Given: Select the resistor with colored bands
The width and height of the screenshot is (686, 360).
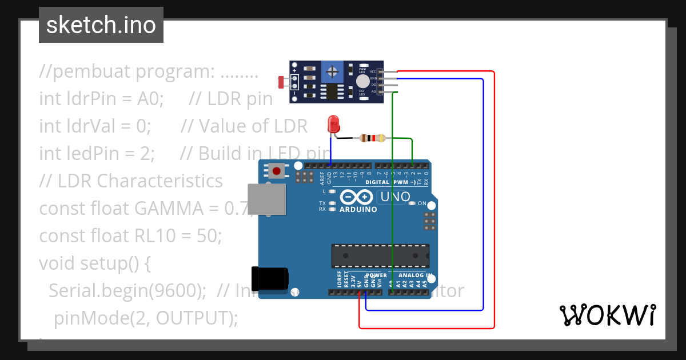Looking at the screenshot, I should click(x=372, y=138).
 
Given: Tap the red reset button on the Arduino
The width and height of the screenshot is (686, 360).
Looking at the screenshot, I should click(x=278, y=170).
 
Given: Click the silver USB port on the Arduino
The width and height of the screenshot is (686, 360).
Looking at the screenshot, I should click(x=266, y=200).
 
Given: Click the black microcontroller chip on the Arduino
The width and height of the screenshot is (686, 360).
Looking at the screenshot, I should click(x=380, y=255).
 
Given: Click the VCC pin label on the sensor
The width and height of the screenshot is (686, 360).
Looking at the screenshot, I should click(x=373, y=72).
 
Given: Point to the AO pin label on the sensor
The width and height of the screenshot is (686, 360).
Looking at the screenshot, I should click(x=373, y=91).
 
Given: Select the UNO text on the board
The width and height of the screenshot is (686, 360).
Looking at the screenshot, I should click(x=394, y=197).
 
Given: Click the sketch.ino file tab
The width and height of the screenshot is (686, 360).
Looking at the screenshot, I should click(x=101, y=25).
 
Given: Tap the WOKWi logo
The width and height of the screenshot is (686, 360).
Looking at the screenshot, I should click(x=607, y=315).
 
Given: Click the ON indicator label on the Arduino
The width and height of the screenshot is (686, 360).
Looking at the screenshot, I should click(x=422, y=203).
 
